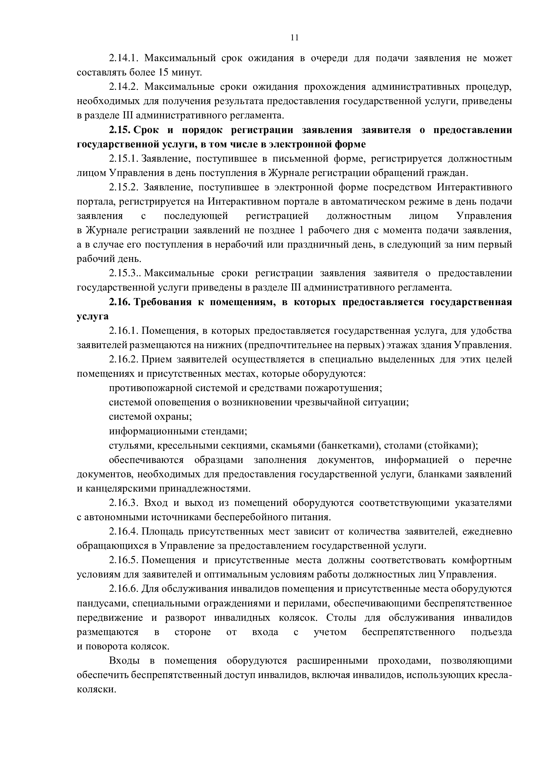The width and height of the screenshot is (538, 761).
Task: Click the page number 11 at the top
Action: coord(294,38)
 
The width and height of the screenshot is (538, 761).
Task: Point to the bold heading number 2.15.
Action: coord(120,130)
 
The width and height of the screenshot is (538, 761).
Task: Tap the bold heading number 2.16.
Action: coord(120,302)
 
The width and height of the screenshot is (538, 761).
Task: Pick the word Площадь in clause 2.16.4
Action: coord(162,532)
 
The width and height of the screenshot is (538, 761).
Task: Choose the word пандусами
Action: coord(102,603)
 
